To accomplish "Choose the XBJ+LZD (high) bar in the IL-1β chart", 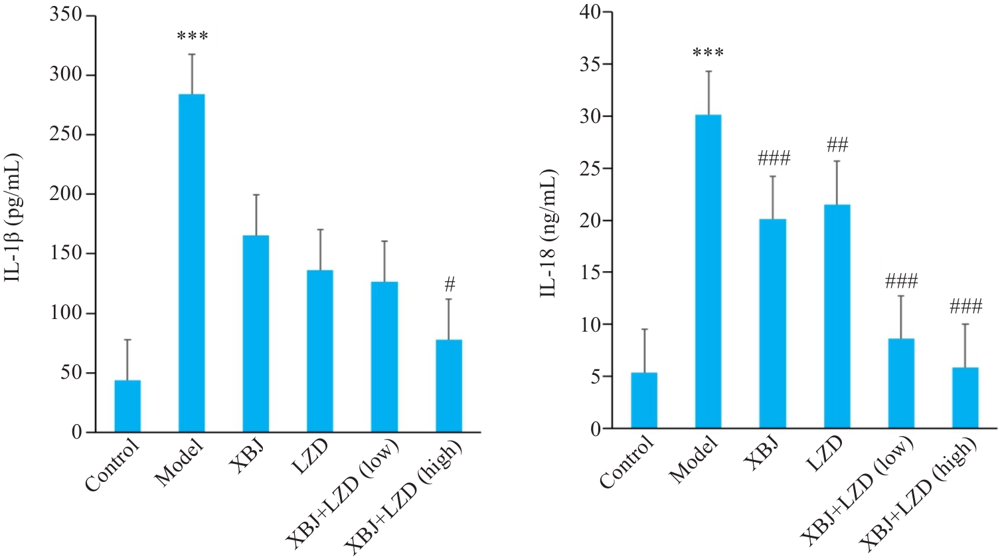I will point(449,386).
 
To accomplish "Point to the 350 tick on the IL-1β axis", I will point(66,15).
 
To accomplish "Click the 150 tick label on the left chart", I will point(66,254).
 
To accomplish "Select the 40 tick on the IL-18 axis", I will point(590,12).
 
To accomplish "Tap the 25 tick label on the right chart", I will point(590,169).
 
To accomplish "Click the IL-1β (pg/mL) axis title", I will point(15,217).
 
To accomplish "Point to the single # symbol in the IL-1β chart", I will point(450,285).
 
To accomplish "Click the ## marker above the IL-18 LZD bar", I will point(837,145).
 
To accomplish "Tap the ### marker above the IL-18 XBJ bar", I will point(774,159).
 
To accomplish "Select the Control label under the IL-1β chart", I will point(114,465).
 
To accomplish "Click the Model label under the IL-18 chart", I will point(695,460).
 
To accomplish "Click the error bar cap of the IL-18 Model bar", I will point(709,71).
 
